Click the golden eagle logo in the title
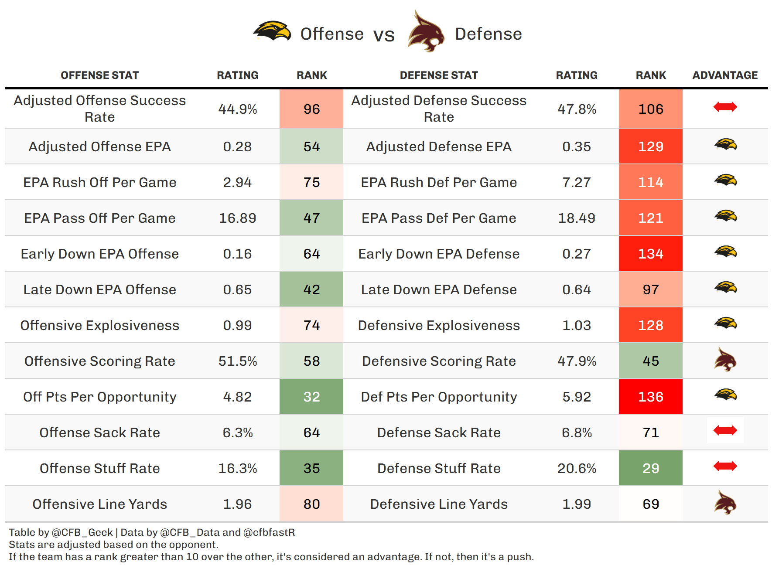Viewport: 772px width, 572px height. (272, 31)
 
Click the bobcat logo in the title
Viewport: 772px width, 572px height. (426, 32)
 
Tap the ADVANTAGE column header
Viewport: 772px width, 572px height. (725, 75)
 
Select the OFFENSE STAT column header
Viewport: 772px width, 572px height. (99, 75)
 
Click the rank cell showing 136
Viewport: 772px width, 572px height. (650, 397)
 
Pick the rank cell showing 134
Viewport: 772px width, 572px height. (650, 254)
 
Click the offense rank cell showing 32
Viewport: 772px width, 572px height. (311, 397)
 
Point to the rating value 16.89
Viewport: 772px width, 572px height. (237, 218)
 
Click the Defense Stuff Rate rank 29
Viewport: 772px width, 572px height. (650, 468)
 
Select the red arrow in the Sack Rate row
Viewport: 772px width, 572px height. (725, 431)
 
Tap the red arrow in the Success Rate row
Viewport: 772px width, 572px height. (725, 107)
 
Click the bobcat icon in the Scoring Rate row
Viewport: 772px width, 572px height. (725, 360)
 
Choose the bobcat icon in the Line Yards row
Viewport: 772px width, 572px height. (725, 503)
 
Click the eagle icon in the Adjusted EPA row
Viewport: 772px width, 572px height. (725, 145)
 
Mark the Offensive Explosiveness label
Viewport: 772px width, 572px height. (99, 325)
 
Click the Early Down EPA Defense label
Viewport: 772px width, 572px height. (439, 254)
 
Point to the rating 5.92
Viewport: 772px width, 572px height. (576, 397)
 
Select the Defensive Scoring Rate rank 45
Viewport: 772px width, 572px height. (650, 361)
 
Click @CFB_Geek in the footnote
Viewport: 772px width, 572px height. (82, 532)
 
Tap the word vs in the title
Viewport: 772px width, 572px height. (384, 35)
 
